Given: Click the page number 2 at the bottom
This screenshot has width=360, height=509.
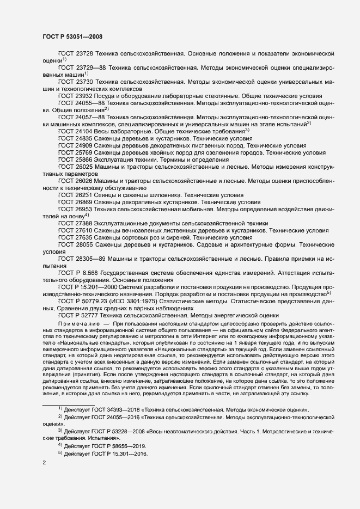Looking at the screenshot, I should pyautogui.click(x=44, y=463).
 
